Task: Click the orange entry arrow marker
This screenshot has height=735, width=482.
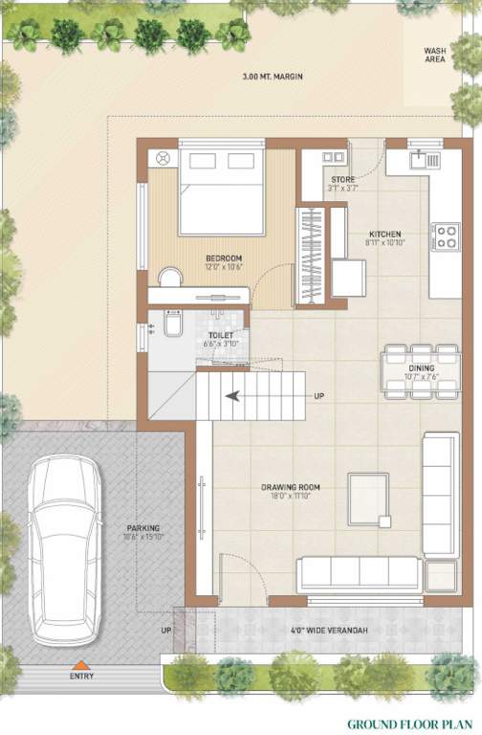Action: [x=81, y=664]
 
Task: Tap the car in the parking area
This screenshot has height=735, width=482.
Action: [x=65, y=548]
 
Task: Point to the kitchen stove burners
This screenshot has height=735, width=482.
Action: [x=446, y=236]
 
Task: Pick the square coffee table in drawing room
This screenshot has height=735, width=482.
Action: [x=368, y=498]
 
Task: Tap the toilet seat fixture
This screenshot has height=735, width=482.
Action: [x=171, y=326]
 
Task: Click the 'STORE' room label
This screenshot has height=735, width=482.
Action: [x=342, y=179]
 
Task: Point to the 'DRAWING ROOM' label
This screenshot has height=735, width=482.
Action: [x=291, y=487]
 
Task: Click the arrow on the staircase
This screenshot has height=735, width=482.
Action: [x=230, y=394]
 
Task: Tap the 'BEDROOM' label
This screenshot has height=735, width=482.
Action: [x=224, y=258]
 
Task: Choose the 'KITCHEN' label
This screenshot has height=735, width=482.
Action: [x=385, y=234]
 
